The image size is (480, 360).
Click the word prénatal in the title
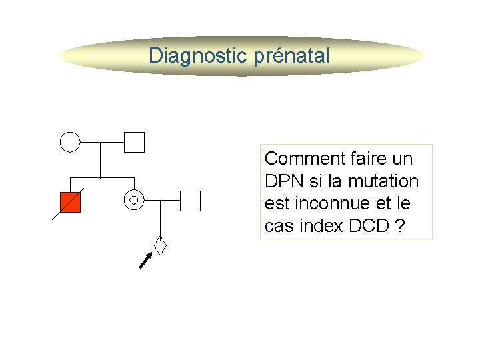click(292, 55)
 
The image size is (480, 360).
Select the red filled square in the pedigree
click(70, 201)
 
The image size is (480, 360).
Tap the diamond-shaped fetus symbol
click(160, 245)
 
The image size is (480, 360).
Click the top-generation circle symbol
click(70, 141)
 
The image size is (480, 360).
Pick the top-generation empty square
click(134, 141)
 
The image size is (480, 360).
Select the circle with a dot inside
click(134, 200)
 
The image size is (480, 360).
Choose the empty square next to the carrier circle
click(190, 200)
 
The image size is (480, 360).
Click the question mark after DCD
click(399, 227)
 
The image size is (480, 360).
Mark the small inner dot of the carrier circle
click(134, 200)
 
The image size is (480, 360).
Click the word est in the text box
click(277, 204)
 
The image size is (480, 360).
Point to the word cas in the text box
click(278, 227)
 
